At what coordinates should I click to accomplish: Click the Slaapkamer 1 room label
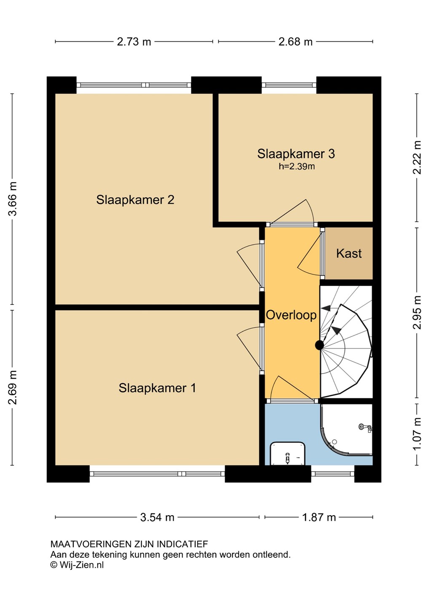click(157, 388)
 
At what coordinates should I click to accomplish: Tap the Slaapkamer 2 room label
click(135, 200)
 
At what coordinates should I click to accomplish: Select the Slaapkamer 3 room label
click(296, 153)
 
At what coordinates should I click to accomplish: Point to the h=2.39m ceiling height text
click(297, 167)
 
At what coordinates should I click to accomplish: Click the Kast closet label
click(349, 253)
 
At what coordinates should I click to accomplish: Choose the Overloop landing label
click(292, 315)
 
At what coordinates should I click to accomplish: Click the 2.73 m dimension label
click(134, 42)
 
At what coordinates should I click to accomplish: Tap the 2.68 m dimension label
click(295, 42)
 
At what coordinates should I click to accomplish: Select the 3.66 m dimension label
click(13, 199)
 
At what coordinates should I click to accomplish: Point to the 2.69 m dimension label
click(13, 387)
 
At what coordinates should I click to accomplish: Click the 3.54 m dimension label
click(157, 518)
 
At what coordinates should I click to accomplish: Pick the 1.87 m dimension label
click(319, 518)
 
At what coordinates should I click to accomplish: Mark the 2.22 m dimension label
click(417, 158)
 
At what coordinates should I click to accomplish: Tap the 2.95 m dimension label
click(417, 312)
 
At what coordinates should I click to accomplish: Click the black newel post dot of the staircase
click(319, 345)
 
